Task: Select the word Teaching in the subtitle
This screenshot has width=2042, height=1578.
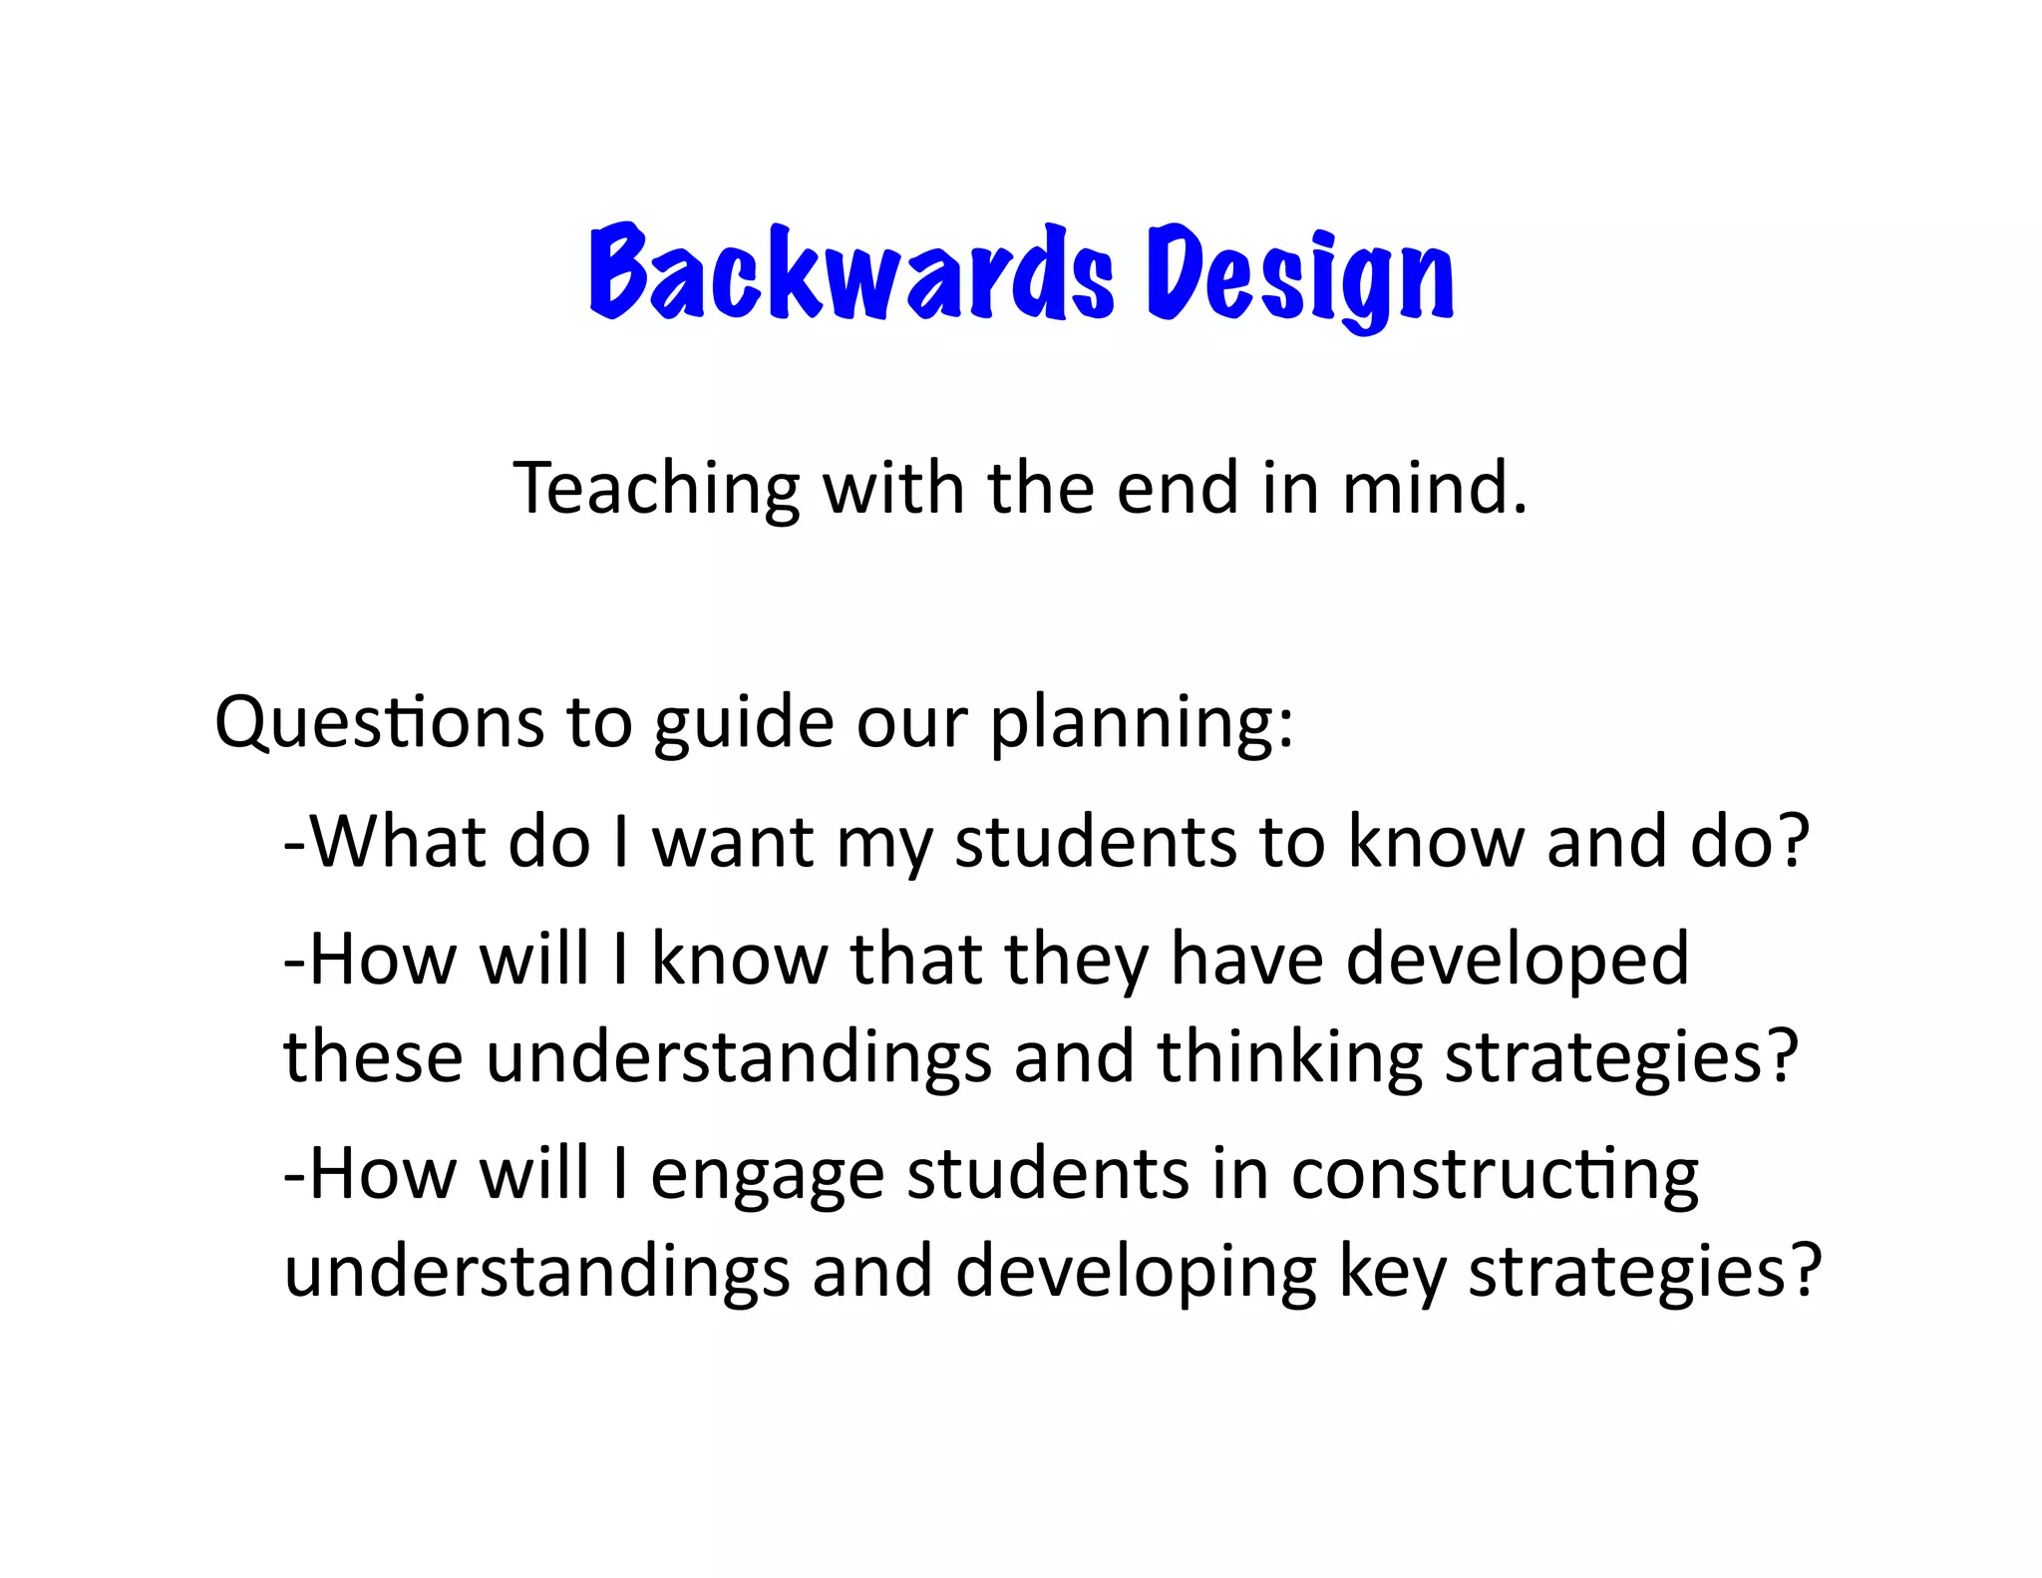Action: coord(656,489)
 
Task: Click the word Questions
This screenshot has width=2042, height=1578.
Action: coord(379,722)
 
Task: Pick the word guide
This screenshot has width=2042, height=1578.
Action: coord(743,722)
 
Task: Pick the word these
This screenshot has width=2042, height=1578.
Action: coord(373,1057)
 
